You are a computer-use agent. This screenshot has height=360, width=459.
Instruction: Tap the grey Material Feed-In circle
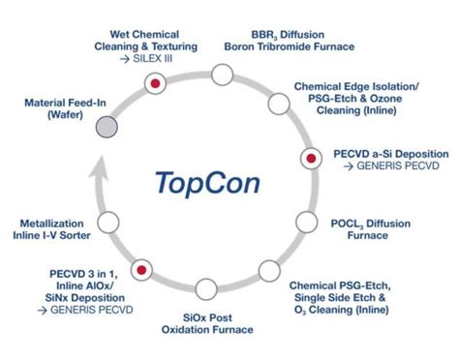click(108, 126)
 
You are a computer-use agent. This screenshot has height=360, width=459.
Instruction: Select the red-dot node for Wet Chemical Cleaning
click(154, 85)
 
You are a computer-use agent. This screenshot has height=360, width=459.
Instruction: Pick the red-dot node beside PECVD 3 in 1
click(141, 267)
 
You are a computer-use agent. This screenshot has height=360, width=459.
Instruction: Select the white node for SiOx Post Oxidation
click(205, 287)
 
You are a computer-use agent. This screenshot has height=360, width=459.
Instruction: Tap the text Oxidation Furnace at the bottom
click(207, 329)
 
